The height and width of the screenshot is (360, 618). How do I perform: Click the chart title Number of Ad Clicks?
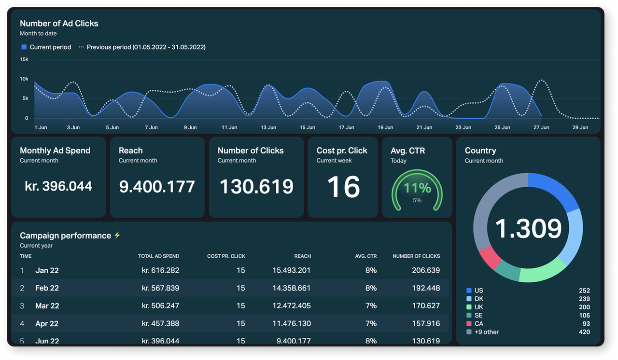[x=59, y=23]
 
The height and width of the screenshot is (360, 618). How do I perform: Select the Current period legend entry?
[x=46, y=47]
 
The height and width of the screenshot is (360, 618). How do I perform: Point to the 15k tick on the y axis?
[x=24, y=59]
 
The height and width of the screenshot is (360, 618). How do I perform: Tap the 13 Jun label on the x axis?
[x=268, y=127]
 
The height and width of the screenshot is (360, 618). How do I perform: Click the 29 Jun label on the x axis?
[x=580, y=127]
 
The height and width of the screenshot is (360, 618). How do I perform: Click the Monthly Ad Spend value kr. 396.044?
[x=58, y=186]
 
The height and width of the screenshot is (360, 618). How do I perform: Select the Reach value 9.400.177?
[x=157, y=186]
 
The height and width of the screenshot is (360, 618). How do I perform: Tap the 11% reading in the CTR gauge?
[x=417, y=188]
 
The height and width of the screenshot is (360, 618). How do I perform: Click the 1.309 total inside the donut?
[x=528, y=228]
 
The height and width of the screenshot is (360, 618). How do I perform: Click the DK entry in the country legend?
[x=478, y=299]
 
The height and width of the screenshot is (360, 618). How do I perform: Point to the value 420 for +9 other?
[x=584, y=332]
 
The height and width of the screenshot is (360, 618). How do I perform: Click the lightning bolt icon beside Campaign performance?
[x=117, y=235]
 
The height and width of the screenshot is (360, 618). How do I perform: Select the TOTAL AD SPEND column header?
[x=158, y=256]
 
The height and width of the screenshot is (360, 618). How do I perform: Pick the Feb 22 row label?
[x=47, y=288]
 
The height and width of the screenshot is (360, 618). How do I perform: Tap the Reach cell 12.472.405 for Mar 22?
[x=291, y=306]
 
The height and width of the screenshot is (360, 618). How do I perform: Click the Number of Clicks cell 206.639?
[x=425, y=270]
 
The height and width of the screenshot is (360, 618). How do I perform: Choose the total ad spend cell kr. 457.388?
[x=160, y=324]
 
